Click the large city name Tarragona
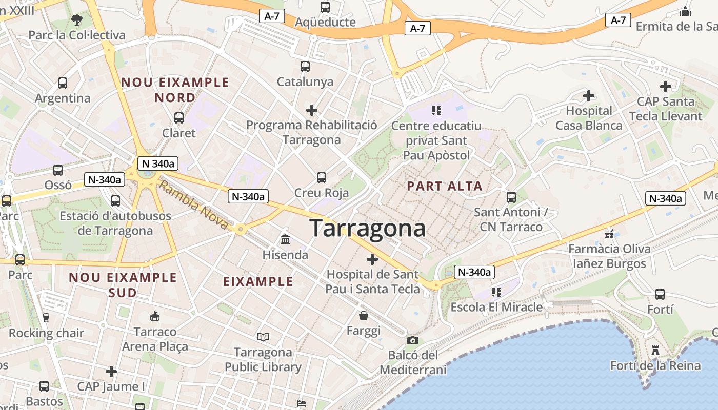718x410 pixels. click(368, 229)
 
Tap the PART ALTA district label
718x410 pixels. click(445, 186)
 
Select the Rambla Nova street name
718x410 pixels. click(193, 204)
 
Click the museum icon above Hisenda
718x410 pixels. click(285, 239)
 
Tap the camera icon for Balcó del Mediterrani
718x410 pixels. click(412, 340)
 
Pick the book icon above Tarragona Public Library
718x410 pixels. click(263, 337)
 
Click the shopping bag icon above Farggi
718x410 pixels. click(364, 315)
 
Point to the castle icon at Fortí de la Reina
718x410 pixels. click(655, 351)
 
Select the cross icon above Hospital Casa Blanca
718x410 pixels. click(589, 95)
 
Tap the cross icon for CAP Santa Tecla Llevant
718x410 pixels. click(665, 86)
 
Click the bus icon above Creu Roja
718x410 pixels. click(322, 178)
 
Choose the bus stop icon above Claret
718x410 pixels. click(179, 118)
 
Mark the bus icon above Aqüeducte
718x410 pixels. click(325, 7)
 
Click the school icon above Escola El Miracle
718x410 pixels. click(496, 292)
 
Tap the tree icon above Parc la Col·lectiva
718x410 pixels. click(77, 20)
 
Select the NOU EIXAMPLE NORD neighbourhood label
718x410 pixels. click(175, 90)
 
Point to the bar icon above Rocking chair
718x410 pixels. click(46, 318)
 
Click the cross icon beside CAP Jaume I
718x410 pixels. click(111, 371)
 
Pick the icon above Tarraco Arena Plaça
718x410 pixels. click(155, 316)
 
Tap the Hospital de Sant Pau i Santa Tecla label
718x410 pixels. click(373, 282)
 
